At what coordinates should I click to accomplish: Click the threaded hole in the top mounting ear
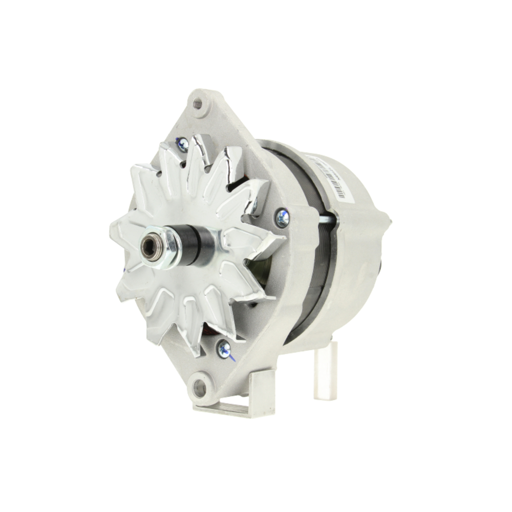click(x=198, y=104)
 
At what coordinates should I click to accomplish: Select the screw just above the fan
click(x=182, y=145)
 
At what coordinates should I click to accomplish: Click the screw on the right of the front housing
click(x=282, y=218)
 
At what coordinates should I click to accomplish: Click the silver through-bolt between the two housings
click(x=325, y=220)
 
